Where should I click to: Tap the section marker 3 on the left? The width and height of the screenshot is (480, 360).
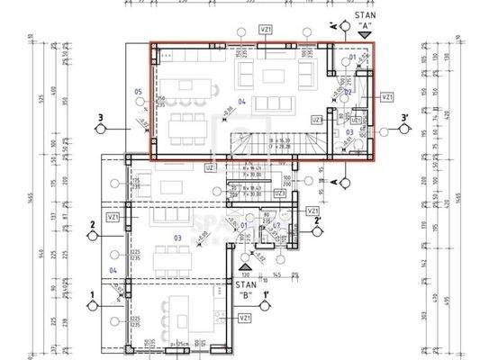click(x=102, y=118)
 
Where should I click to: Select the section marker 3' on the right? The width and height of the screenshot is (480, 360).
click(x=405, y=118)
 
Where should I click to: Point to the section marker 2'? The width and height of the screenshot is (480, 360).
click(x=315, y=221)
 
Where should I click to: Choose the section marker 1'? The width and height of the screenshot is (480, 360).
click(x=267, y=294)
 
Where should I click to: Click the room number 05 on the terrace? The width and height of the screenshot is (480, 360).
click(x=138, y=92)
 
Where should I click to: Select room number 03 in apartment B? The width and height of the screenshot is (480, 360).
click(x=177, y=238)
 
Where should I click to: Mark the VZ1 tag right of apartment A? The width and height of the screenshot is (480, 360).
click(x=386, y=96)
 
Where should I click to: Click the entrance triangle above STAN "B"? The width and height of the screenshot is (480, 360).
click(x=247, y=268)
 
